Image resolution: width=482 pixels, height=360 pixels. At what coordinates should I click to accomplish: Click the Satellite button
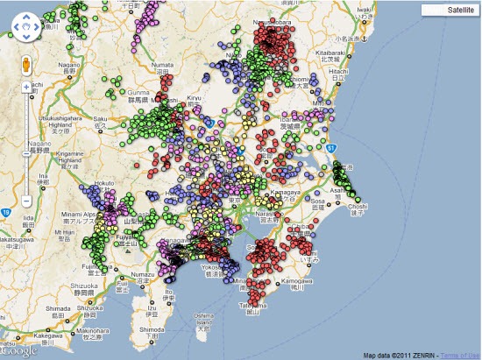[449, 10]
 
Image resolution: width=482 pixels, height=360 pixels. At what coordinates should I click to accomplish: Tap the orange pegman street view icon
[26, 64]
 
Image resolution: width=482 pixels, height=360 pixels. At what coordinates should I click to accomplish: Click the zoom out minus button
[26, 201]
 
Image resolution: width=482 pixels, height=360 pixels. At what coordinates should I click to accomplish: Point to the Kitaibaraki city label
[349, 53]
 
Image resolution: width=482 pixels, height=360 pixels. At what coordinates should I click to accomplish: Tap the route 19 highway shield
[7, 212]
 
